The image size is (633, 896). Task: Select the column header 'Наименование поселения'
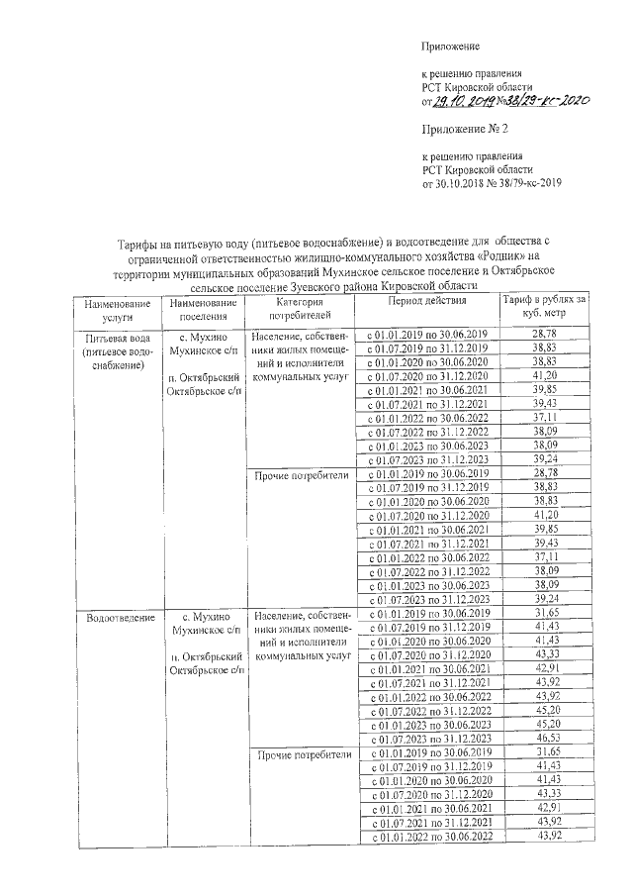click(203, 309)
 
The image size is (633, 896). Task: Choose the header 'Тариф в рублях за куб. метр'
click(544, 307)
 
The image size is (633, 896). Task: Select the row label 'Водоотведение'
click(120, 618)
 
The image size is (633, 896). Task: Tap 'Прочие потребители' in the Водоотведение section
click(301, 754)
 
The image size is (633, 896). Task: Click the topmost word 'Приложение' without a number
click(450, 47)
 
